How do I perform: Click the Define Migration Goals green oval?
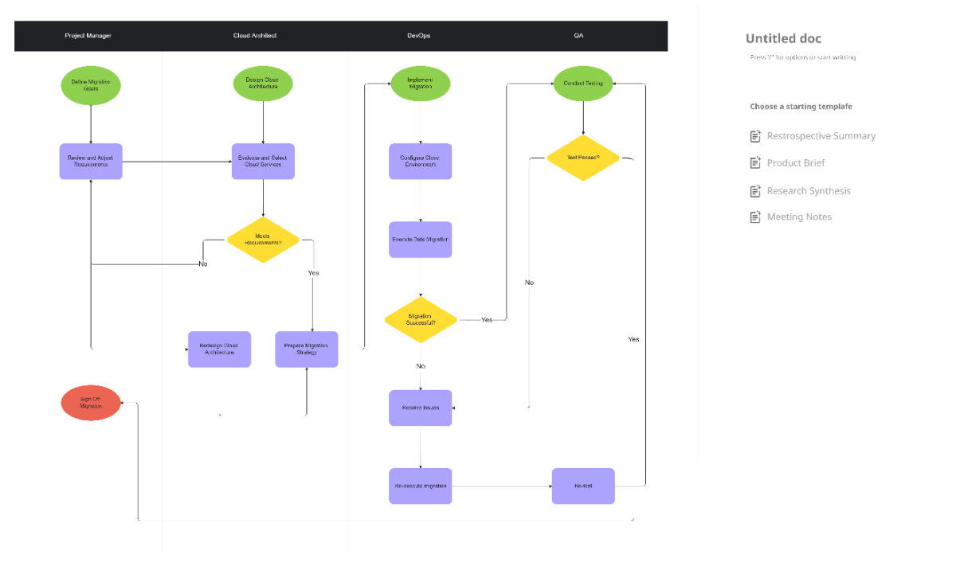[91, 85]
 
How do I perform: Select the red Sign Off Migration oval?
[91, 403]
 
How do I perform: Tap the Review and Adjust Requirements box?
[91, 162]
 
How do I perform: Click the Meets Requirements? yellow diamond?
[263, 240]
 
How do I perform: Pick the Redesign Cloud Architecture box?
[219, 349]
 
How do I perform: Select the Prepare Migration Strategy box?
[307, 349]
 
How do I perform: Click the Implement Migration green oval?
[420, 84]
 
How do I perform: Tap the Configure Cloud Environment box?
[420, 162]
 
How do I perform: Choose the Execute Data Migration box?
[420, 240]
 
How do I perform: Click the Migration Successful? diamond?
[420, 320]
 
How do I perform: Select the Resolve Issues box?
[420, 408]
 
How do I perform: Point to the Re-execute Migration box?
[420, 486]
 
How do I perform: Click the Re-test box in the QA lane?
[583, 486]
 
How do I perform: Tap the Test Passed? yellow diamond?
[583, 158]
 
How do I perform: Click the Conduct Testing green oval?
[583, 84]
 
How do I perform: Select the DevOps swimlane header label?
[418, 36]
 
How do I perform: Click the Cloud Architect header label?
[255, 36]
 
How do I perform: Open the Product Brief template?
[795, 163]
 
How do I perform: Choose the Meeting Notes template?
[798, 217]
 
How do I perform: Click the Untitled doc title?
[783, 38]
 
